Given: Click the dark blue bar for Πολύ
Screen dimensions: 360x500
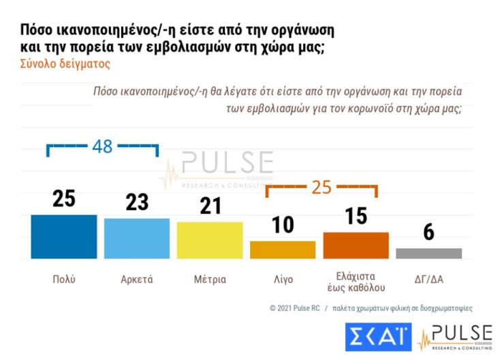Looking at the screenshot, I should tap(64, 236).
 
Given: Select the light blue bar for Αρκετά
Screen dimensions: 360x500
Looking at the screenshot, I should tap(137, 238).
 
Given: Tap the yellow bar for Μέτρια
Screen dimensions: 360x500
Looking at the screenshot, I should tap(210, 240).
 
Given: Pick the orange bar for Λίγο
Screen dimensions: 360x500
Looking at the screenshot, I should tap(283, 250).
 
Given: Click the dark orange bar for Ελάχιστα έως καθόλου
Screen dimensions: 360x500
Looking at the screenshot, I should tap(356, 245).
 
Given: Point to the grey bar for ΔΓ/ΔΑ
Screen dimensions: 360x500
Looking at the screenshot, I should tap(428, 253).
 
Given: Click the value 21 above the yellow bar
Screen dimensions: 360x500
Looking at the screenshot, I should tap(210, 206).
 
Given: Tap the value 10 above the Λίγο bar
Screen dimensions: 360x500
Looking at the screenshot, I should tap(283, 225).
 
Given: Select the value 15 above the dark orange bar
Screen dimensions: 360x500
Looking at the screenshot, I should tap(356, 216).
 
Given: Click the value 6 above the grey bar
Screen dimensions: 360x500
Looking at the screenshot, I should tap(428, 232).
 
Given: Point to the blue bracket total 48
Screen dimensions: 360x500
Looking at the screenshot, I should tap(101, 147).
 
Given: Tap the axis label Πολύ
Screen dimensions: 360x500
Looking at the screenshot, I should tap(64, 280).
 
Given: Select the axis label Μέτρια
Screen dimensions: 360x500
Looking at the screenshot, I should tap(210, 280).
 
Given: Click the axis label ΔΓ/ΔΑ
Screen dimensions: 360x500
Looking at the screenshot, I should tap(428, 280).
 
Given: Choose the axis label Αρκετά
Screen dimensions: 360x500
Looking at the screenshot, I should tap(137, 280).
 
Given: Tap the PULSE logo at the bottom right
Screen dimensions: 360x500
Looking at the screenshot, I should tap(454, 337).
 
